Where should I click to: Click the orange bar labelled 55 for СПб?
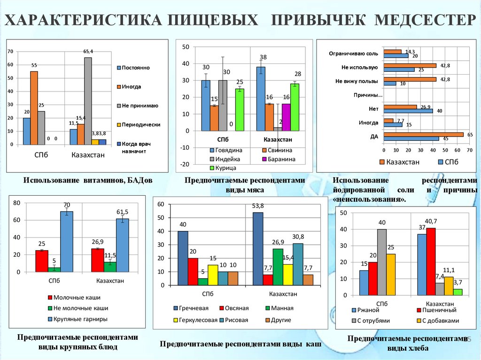point(34,108)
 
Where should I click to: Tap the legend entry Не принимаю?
point(140,106)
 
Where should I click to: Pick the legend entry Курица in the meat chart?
point(225,168)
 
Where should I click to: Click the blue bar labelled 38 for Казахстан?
point(261,99)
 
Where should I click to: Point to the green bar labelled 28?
point(295,107)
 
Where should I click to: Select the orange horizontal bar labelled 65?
point(423,134)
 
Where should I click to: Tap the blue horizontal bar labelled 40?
point(408,111)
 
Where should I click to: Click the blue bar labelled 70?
point(66,242)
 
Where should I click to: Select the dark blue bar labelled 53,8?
point(258,249)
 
